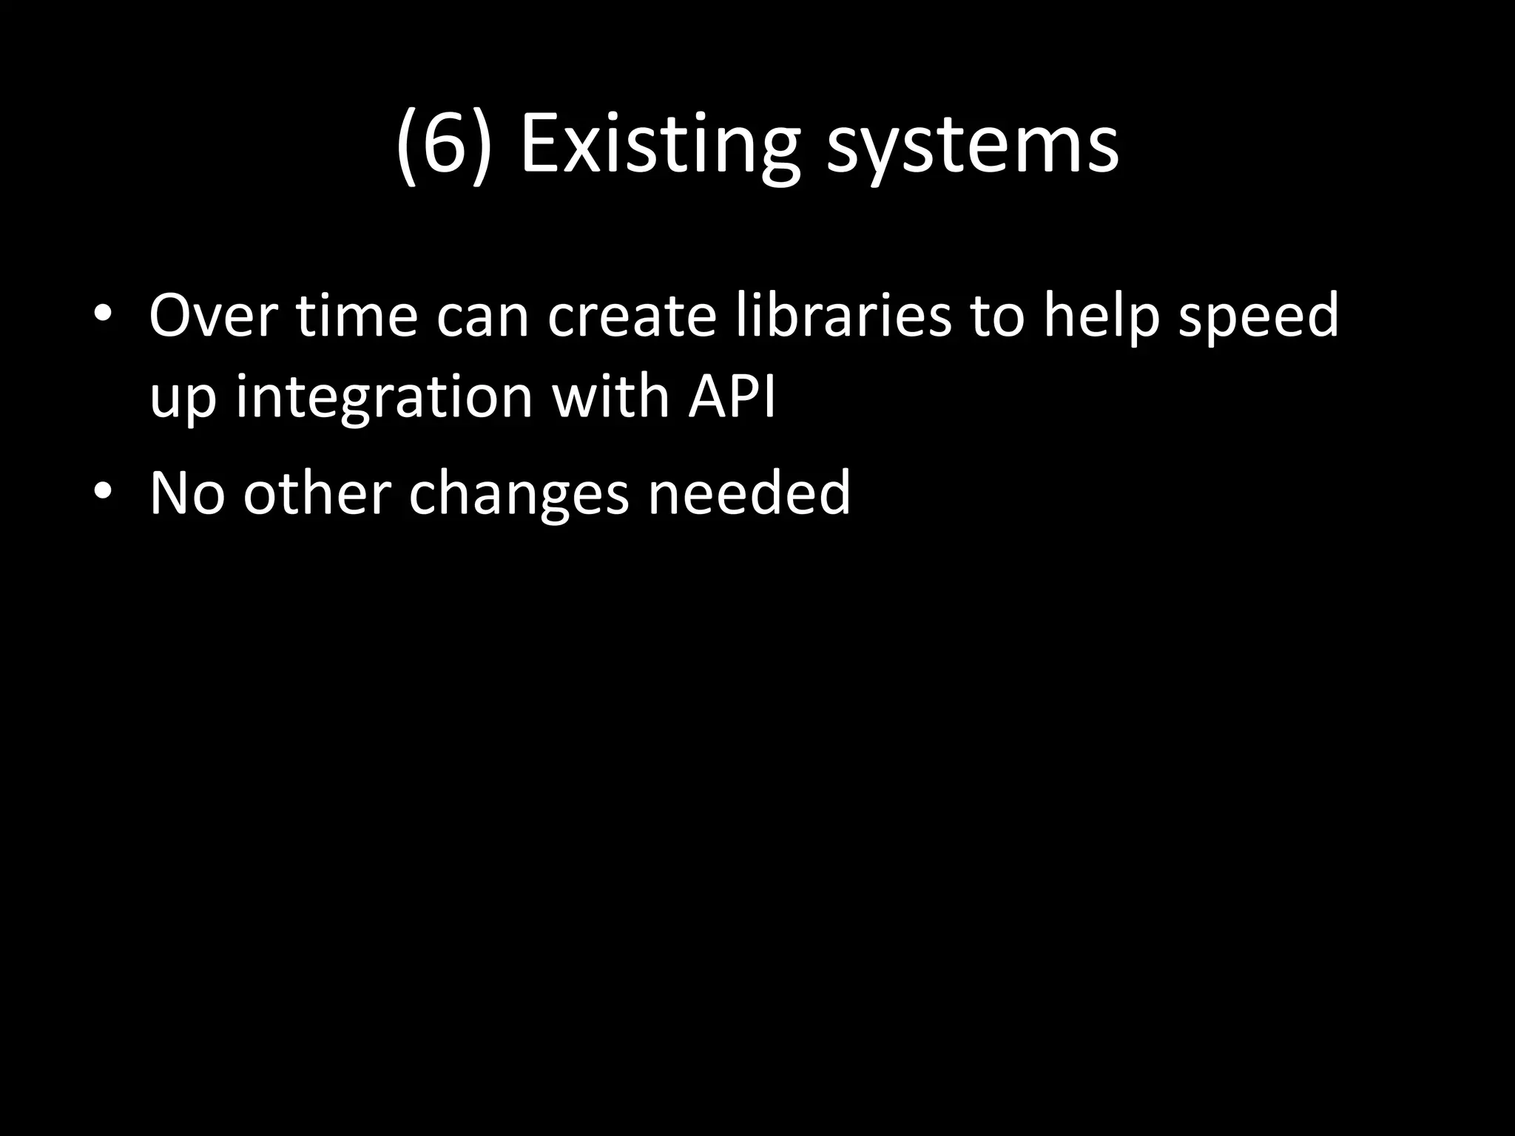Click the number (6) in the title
coord(444,144)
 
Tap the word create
coord(632,317)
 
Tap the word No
coord(186,493)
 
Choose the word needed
coord(749,493)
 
